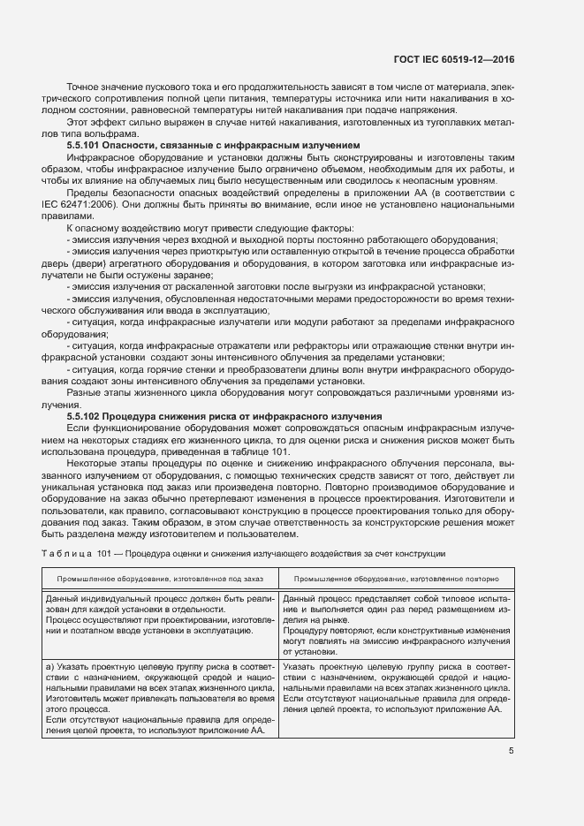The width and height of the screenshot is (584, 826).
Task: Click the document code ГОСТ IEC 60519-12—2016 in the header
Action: [x=454, y=60]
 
